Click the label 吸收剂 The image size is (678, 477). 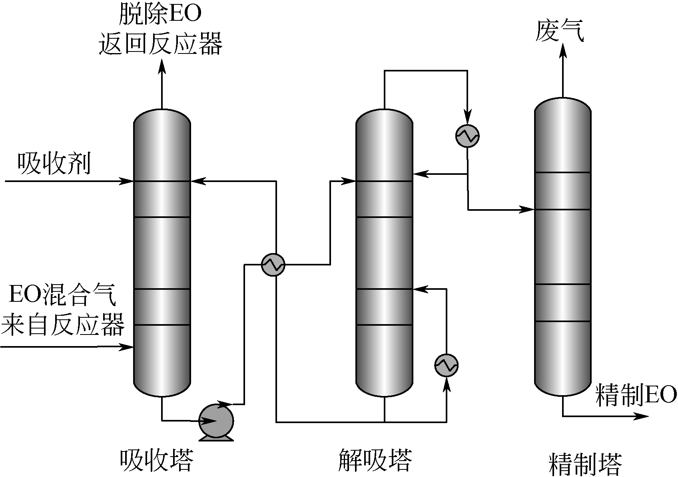[x=54, y=164]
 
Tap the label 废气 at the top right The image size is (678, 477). [x=560, y=31]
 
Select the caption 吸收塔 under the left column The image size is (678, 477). [x=156, y=460]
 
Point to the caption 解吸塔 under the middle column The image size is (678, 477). [x=375, y=460]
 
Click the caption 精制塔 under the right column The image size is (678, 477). [x=586, y=463]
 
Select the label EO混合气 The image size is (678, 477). [x=63, y=295]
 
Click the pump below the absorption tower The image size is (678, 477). [x=216, y=421]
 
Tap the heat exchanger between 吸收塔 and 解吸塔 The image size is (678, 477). [x=273, y=264]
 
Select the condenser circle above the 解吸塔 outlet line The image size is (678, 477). [x=467, y=136]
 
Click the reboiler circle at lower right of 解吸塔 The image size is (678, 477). [x=447, y=365]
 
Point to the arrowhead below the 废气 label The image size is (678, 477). [x=562, y=51]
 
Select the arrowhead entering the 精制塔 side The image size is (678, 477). [x=529, y=209]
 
